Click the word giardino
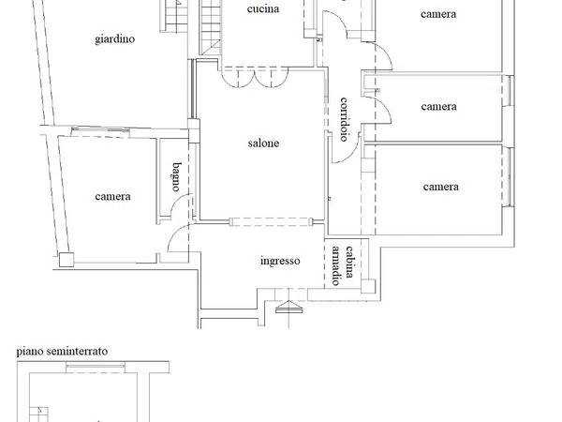114,39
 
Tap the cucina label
263,8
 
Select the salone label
263,143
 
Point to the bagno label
176,176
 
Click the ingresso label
280,261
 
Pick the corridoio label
344,119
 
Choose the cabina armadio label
343,264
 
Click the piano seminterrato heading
62,351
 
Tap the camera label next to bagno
113,196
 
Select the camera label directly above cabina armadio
440,187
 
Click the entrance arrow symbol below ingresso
288,308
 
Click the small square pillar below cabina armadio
368,286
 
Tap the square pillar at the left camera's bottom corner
67,260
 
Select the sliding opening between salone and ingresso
271,221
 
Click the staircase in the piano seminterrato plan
38,414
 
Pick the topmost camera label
438,14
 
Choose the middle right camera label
438,107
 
